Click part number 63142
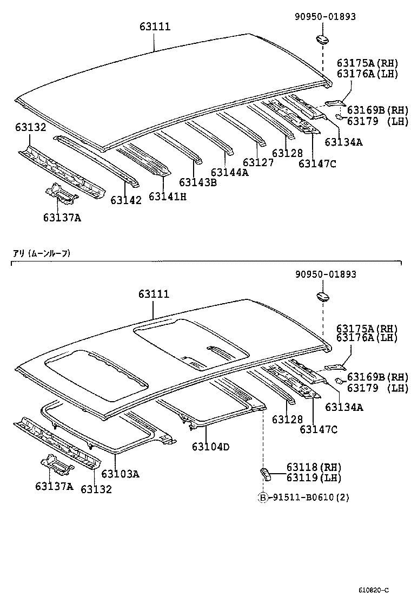[x=126, y=200]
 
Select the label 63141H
[x=167, y=197]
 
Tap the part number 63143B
[x=197, y=182]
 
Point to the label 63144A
[x=229, y=173]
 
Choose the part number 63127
[x=258, y=162]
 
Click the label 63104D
[x=210, y=447]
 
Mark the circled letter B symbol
[x=263, y=498]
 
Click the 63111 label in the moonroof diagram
[x=154, y=294]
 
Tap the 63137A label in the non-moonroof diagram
[x=62, y=218]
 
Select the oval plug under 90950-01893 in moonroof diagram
[x=322, y=297]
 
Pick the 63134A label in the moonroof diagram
[x=344, y=407]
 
